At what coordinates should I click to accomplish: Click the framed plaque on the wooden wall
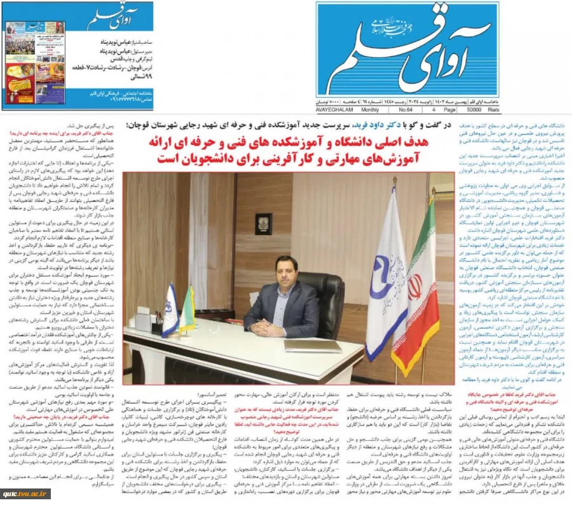click(x=263, y=223)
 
